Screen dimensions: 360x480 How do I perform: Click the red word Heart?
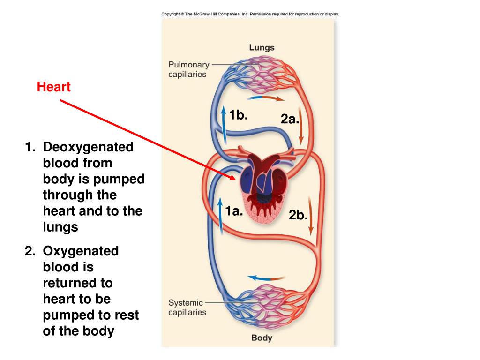click(54, 87)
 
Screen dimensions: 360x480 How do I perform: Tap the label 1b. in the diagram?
click(238, 115)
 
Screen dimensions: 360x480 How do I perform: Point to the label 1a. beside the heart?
click(234, 211)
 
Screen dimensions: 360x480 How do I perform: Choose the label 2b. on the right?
click(298, 215)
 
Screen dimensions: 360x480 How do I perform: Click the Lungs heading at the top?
click(262, 47)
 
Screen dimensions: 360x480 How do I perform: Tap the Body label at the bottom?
click(262, 337)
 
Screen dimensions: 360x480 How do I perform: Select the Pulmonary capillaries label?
click(188, 69)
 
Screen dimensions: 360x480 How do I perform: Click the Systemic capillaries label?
click(187, 307)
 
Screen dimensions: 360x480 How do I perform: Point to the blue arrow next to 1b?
click(225, 126)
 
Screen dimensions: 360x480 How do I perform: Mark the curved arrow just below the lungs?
click(265, 98)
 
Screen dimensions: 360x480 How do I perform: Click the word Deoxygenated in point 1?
click(88, 147)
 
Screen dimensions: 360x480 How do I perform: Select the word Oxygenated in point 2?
click(81, 251)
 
